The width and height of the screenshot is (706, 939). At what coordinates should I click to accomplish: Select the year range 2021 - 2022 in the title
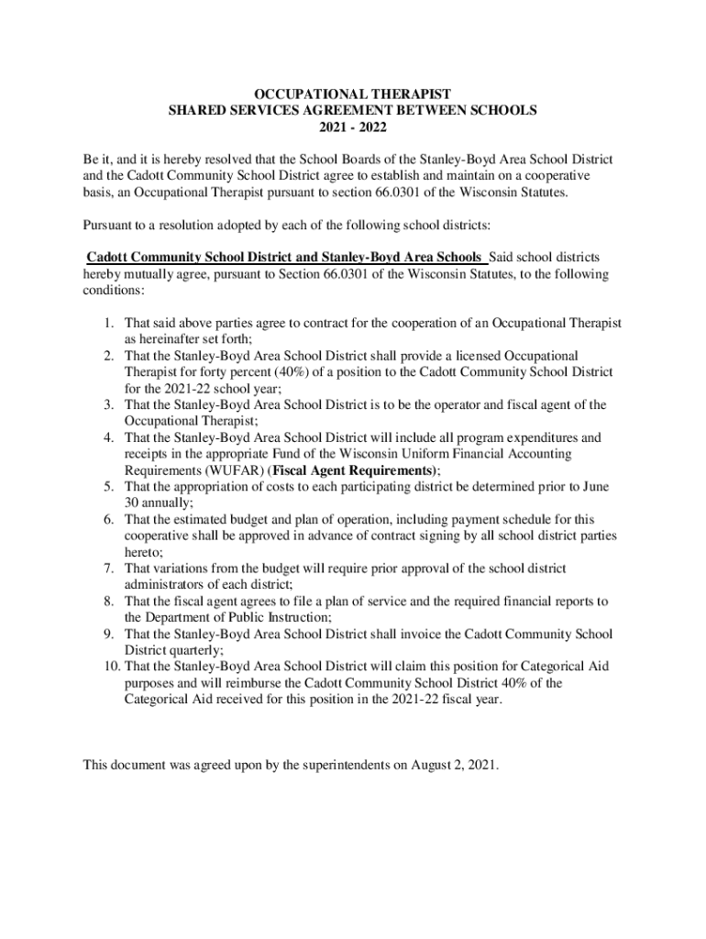coord(353,127)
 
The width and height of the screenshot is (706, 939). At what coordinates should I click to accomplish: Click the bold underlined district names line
coord(284,257)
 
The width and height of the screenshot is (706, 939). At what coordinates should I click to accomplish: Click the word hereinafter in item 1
coord(175,338)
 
